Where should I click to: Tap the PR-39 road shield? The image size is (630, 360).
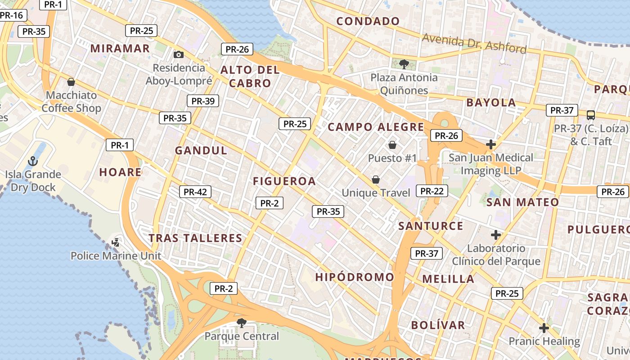pos(203,101)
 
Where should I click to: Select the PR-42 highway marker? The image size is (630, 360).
pos(195,192)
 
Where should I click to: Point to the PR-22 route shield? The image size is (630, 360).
pos(432,191)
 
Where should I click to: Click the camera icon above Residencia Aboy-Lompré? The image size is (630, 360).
pos(179,55)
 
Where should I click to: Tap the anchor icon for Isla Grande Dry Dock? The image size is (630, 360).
pos(32,161)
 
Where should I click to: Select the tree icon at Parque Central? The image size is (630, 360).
pos(242,323)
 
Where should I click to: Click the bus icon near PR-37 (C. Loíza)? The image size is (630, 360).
pos(591,115)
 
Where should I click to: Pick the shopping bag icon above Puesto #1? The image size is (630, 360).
pos(392,145)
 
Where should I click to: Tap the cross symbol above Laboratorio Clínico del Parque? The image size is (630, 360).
pos(496,235)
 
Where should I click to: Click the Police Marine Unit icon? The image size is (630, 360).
pos(116,243)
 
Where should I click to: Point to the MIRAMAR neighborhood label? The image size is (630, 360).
pos(120,49)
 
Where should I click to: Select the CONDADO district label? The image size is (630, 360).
pos(368,21)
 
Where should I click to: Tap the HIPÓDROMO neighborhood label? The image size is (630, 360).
pos(355,277)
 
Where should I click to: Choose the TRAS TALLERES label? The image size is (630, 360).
pos(195,238)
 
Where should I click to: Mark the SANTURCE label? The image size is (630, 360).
pos(431,226)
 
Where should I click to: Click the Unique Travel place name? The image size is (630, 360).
pos(376,193)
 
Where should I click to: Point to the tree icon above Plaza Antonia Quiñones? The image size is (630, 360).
pos(404,64)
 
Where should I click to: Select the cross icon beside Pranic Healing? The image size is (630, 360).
pos(544,328)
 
